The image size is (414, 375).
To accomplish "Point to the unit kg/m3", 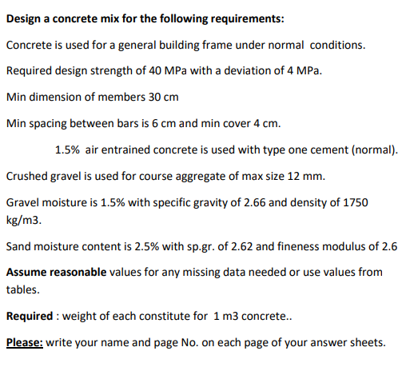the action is pyautogui.click(x=22, y=218).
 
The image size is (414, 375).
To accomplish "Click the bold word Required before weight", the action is pyautogui.click(x=30, y=316).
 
